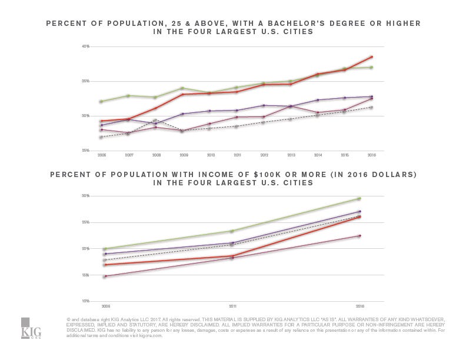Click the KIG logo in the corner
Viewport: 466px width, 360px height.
[x=31, y=328]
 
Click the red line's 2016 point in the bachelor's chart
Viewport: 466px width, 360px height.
[x=372, y=56]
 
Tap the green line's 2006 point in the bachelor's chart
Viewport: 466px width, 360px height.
[x=101, y=102]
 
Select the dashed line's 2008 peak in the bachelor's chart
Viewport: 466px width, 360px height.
[x=155, y=120]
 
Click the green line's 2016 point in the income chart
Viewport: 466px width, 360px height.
[x=359, y=199]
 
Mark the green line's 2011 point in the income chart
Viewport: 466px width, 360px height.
[x=232, y=231]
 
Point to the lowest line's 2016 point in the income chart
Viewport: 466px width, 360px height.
[x=359, y=236]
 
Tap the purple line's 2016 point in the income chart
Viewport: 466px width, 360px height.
[x=359, y=211]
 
